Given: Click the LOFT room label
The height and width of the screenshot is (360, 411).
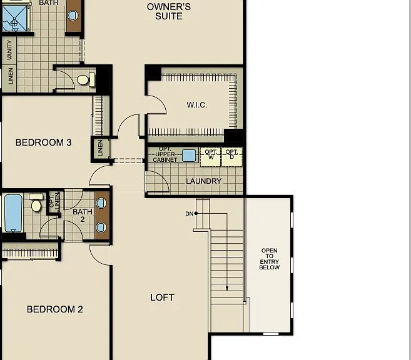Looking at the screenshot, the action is coord(162,297).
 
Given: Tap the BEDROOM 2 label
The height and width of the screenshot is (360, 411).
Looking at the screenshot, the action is coord(55,309).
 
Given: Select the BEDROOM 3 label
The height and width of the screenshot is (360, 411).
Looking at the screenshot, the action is coord(44,142).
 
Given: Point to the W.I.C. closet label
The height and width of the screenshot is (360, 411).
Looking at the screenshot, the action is coord(197,105).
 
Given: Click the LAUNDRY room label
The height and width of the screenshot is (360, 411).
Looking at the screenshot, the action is coord(204,181).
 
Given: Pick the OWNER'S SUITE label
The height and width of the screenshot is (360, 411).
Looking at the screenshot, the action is coord(169,11).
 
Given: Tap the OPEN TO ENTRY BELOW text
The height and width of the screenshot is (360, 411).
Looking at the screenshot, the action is coord(269,259).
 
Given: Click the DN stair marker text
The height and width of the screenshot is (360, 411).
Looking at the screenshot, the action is coord(190,214).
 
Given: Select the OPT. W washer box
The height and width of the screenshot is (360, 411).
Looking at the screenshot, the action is coord(211,157).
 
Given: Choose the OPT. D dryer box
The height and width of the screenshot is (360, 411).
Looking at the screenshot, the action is coord(231,157).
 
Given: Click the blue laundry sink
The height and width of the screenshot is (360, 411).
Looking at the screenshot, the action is coord(189,156).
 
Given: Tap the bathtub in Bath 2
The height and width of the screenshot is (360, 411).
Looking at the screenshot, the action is coord(13,213).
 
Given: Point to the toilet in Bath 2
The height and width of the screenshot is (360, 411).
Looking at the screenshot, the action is coord(36,202).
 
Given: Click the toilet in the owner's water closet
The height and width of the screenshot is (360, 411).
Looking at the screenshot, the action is coord(86,79).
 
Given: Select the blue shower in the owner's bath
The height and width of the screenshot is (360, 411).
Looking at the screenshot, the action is coord(14,19).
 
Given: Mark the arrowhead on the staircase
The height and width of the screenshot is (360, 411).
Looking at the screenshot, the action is coord(227,288).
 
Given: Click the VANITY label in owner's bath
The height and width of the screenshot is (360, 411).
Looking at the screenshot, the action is coord(10,50).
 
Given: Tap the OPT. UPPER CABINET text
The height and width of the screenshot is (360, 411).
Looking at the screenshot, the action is coord(165,154).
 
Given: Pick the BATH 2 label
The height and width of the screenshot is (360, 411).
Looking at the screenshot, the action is coord(83,215).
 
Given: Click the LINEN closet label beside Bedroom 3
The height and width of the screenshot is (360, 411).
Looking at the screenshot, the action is coord(100,148).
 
